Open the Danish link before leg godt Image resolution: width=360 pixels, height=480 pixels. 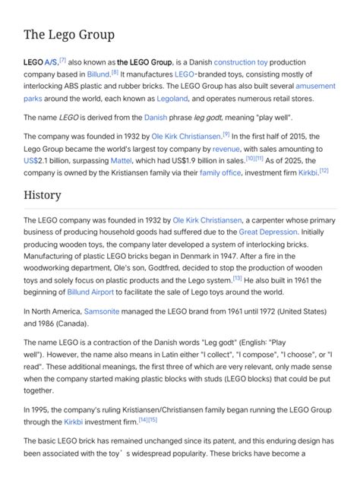pos(155,118)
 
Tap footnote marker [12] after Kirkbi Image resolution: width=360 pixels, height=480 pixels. pos(324,171)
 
